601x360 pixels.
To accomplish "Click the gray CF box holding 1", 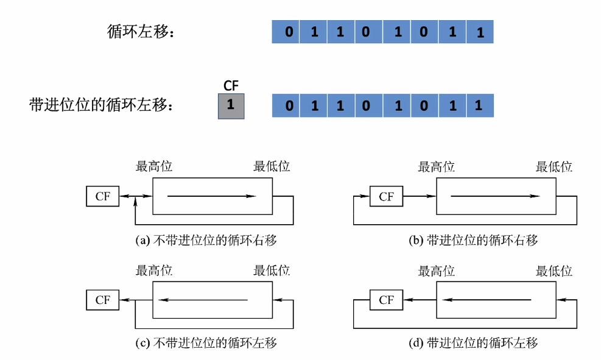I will click(x=231, y=105).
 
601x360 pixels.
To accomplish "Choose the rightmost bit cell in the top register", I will click(x=480, y=32).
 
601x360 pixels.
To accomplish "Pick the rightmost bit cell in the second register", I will click(x=479, y=106).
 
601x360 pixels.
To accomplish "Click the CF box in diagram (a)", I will click(x=102, y=196).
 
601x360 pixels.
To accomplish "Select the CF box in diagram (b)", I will click(x=386, y=196).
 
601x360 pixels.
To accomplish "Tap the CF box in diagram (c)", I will click(x=102, y=300).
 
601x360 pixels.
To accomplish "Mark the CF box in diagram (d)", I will click(x=386, y=300).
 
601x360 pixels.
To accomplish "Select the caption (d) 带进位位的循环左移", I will click(x=473, y=344).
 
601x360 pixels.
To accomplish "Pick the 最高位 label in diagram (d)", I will click(x=437, y=270).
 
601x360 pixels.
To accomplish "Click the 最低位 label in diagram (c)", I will click(x=272, y=270).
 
